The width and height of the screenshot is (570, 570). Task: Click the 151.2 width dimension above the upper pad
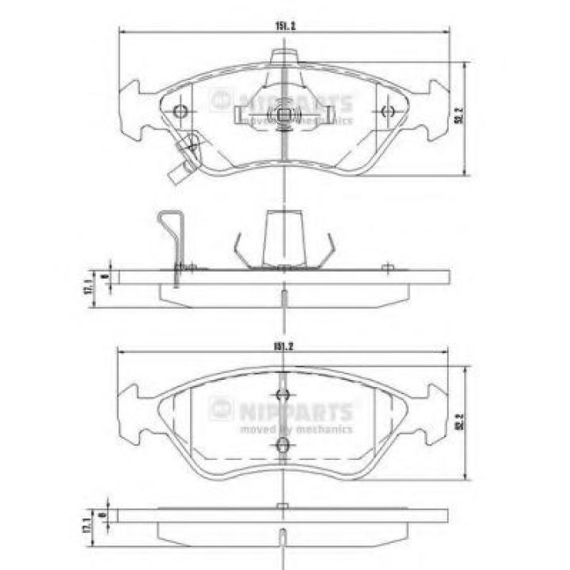(x=285, y=27)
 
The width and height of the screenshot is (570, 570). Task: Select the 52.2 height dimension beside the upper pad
(x=457, y=116)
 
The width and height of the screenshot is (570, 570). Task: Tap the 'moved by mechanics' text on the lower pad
(x=296, y=430)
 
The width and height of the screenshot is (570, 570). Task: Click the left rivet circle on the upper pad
(x=180, y=111)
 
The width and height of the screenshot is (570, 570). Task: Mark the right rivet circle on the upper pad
(x=387, y=112)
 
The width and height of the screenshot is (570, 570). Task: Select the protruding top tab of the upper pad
(x=283, y=57)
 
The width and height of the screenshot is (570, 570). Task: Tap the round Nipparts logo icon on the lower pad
(x=219, y=410)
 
